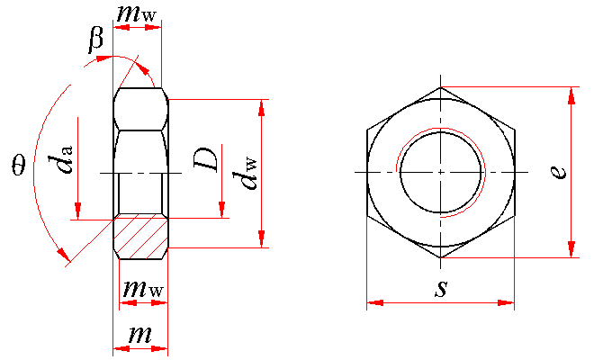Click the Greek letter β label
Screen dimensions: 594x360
point(95,40)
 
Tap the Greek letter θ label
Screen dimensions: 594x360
point(19,165)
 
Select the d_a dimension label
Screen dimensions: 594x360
point(59,159)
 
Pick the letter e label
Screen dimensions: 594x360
point(558,172)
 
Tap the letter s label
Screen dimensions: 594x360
point(441,288)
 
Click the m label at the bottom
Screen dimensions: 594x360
point(140,334)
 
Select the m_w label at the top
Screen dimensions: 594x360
point(137,14)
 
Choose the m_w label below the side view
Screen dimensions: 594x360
point(143,289)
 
